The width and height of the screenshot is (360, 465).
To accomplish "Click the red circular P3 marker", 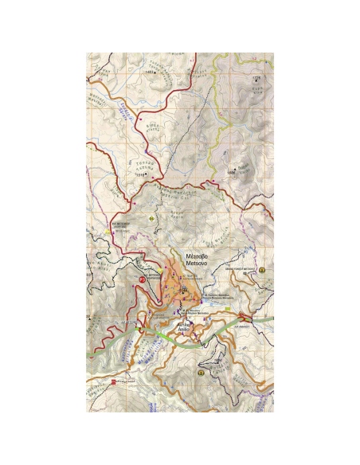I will click(x=143, y=279).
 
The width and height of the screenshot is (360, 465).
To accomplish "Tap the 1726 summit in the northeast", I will click(x=256, y=80).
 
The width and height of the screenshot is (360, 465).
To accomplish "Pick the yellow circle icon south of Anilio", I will click(x=202, y=371).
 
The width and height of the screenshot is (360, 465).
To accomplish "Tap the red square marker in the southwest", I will click(x=114, y=382).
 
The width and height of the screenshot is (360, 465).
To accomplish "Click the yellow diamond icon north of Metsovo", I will click(x=151, y=217).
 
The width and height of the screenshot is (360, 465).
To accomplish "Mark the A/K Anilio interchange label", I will click(x=244, y=326).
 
